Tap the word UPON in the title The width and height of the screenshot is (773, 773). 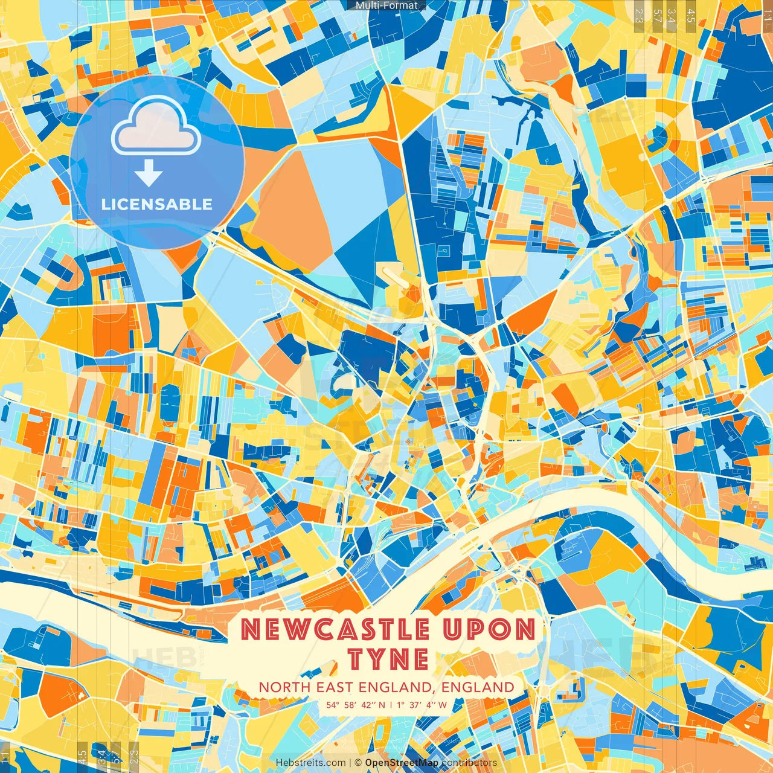click(488, 630)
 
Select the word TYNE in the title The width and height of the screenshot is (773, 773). click(388, 659)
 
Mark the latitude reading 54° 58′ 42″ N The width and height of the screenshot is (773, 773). click(351, 705)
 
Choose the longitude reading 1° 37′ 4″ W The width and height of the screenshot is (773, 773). click(422, 705)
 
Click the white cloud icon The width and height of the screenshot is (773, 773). click(156, 125)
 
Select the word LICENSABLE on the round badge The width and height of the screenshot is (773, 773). click(157, 204)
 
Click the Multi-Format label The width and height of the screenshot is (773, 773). click(386, 5)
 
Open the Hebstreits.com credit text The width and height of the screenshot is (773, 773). click(310, 763)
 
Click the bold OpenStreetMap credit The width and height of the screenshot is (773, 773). click(402, 763)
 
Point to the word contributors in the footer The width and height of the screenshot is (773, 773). click(469, 763)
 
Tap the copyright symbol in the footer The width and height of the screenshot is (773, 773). click(358, 763)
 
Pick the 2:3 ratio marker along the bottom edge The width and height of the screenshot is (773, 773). click(134, 756)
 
